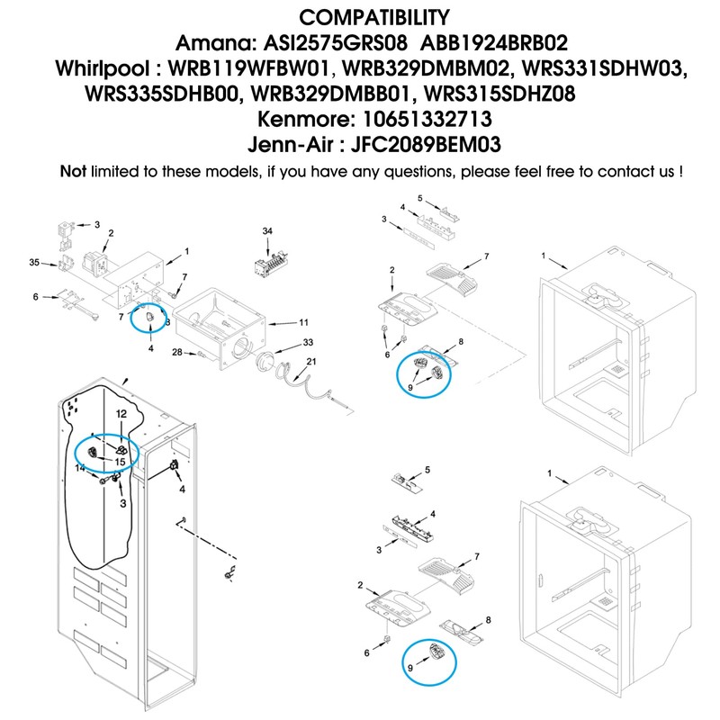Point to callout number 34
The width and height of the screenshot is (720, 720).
[267, 231]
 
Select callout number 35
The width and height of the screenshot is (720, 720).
[34, 263]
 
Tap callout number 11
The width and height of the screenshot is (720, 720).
[303, 321]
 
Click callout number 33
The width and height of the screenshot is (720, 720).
[308, 343]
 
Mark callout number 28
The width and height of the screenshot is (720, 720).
[177, 351]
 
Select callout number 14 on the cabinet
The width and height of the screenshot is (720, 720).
[79, 468]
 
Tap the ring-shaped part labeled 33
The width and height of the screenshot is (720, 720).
[264, 362]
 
